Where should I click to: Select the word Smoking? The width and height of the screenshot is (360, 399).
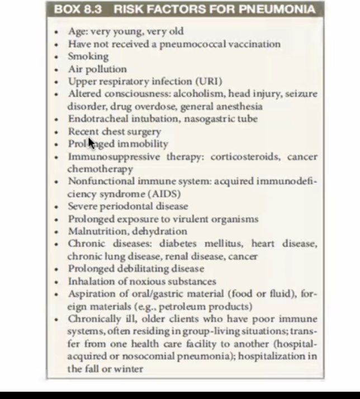coord(88,56)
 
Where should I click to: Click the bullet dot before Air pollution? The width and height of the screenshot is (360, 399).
coord(56,70)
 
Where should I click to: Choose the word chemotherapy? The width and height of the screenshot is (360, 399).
coord(100,169)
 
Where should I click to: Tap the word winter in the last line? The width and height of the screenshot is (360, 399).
coord(129,368)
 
